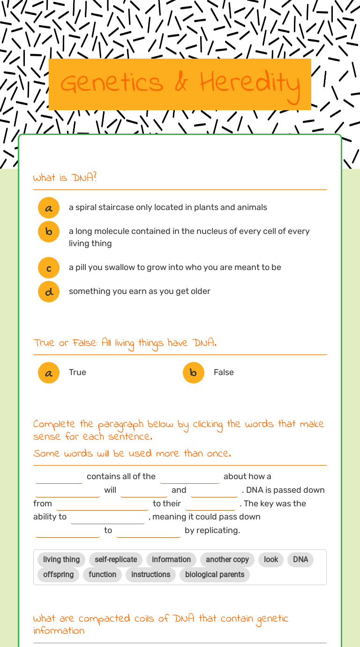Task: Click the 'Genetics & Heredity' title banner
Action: tap(180, 84)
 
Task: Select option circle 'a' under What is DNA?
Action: tap(49, 208)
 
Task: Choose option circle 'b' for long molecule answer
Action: tap(49, 232)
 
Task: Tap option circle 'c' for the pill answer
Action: tap(49, 268)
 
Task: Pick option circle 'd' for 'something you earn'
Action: tap(49, 292)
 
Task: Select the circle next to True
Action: tap(49, 373)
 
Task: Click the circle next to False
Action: tap(194, 373)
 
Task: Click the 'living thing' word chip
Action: tap(61, 559)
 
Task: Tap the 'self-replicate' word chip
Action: tap(116, 559)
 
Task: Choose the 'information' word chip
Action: tap(171, 559)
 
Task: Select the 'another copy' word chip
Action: tap(227, 559)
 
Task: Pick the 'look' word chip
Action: tap(271, 559)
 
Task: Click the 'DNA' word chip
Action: tap(300, 559)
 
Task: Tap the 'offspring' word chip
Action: tap(58, 574)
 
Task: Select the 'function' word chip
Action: tap(102, 574)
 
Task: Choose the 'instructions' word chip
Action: tap(150, 574)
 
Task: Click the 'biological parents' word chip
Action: tap(215, 574)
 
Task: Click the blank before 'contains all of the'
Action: tap(59, 477)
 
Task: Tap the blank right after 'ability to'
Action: tap(107, 518)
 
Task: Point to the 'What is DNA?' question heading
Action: tap(65, 178)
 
